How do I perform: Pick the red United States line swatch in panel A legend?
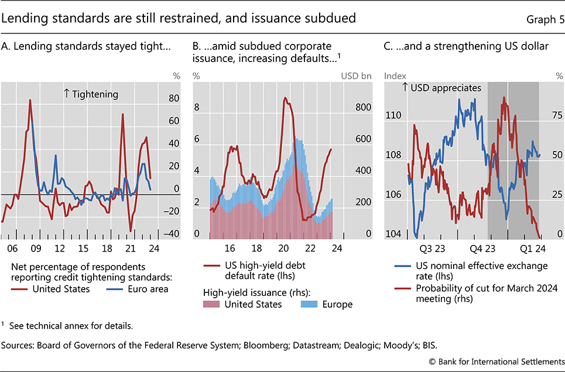pyautogui.click(x=22, y=288)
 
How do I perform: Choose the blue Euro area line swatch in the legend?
pyautogui.click(x=100, y=288)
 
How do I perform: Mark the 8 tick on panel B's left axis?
pyautogui.click(x=197, y=108)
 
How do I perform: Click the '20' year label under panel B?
pyautogui.click(x=284, y=248)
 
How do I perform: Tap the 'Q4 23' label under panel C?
pyautogui.click(x=481, y=248)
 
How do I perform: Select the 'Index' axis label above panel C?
pyautogui.click(x=394, y=75)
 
